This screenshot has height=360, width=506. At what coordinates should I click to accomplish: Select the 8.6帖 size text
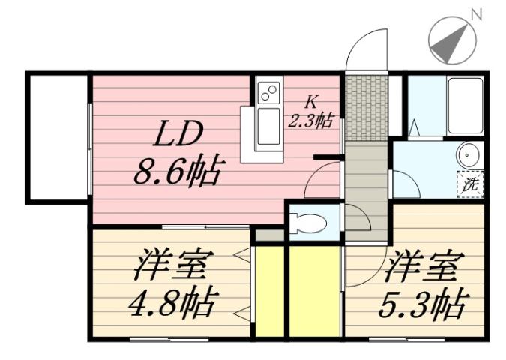pos(178,174)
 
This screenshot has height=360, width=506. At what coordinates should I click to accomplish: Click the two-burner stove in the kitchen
pos(268,93)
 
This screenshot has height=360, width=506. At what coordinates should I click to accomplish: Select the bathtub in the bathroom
pos(464,104)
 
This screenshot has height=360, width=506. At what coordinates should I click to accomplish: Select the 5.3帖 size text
pos(424,304)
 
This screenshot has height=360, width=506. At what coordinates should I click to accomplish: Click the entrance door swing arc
pos(370,49)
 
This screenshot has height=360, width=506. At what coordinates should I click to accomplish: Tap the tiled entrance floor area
pos(367,106)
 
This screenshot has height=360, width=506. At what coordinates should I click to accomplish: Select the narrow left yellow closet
pos(269,291)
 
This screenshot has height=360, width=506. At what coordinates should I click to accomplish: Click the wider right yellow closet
pos(314,291)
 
